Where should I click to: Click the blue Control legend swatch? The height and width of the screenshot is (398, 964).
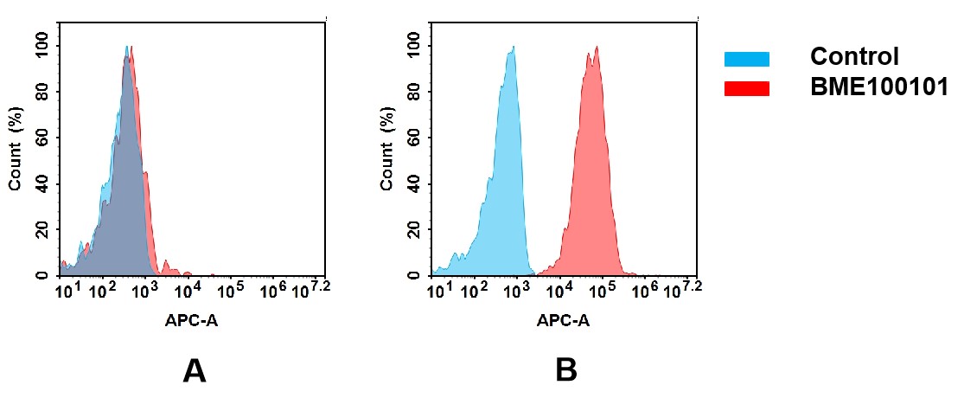pos(746,59)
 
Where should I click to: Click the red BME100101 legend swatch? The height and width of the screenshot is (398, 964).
pos(746,88)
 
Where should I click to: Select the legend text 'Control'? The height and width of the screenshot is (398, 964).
pos(854,58)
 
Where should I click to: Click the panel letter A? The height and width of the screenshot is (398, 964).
pos(195,370)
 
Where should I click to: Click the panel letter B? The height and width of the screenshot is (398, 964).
pos(565,370)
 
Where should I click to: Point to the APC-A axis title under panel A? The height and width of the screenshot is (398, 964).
pos(191,321)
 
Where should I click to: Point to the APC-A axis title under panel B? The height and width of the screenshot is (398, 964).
pos(563,321)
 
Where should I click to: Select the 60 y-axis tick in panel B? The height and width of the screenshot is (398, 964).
pos(414,138)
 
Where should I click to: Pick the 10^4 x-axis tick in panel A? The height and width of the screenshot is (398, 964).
pos(188,289)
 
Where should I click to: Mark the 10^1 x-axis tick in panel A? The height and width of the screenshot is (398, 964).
pos(68,289)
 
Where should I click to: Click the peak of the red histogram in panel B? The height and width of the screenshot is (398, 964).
pos(597,48)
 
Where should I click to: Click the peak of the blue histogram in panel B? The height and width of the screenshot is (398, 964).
pos(513,48)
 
